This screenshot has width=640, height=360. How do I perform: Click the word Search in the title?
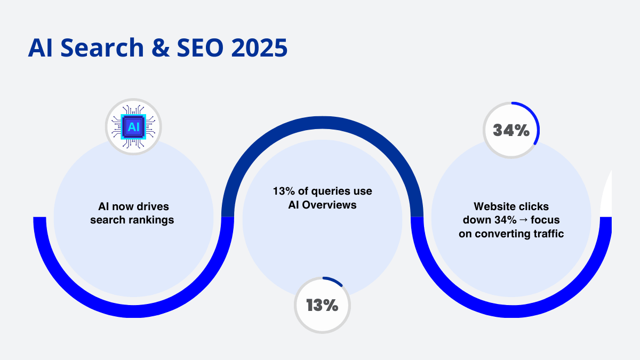pyautogui.click(x=102, y=47)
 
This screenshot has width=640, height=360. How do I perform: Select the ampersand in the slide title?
pyautogui.click(x=161, y=47)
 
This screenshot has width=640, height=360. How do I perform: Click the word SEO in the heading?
pyautogui.click(x=200, y=47)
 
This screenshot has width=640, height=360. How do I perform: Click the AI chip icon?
pyautogui.click(x=133, y=127)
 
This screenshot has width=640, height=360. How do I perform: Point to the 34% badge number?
pyautogui.click(x=511, y=130)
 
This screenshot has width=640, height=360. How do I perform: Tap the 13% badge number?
pyautogui.click(x=322, y=305)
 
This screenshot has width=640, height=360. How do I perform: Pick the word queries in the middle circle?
pyautogui.click(x=330, y=191)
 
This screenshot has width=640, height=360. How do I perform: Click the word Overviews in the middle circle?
pyautogui.click(x=329, y=205)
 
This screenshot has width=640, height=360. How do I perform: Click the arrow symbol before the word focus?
pyautogui.click(x=523, y=220)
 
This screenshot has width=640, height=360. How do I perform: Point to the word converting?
pyautogui.click(x=501, y=234)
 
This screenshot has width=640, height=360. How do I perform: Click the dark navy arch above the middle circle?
pyautogui.click(x=322, y=122)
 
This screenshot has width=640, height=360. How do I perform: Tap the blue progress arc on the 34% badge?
pyautogui.click(x=534, y=117)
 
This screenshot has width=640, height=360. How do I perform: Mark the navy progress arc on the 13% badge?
pyautogui.click(x=334, y=280)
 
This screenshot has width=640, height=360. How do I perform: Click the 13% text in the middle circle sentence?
pyautogui.click(x=284, y=191)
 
